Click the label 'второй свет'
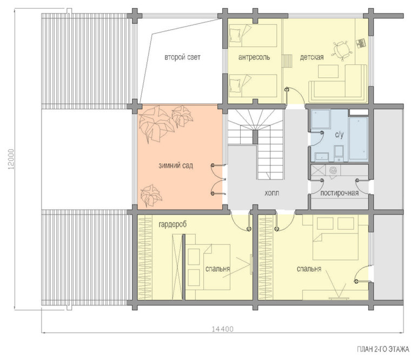(182, 57)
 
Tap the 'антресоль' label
(254, 57)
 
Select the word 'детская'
(312, 57)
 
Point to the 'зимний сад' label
(176, 165)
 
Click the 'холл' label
(272, 193)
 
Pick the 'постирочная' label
(339, 193)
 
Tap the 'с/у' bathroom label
(339, 135)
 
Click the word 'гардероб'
(173, 225)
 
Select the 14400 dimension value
(223, 329)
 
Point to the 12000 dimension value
(11, 159)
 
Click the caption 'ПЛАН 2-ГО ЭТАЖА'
(383, 349)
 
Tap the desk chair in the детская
(341, 50)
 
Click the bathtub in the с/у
(359, 139)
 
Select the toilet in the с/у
(339, 153)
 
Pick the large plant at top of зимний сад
(156, 124)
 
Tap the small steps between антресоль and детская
(287, 61)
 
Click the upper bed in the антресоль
(253, 36)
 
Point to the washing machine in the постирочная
(333, 170)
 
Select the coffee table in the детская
(328, 71)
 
